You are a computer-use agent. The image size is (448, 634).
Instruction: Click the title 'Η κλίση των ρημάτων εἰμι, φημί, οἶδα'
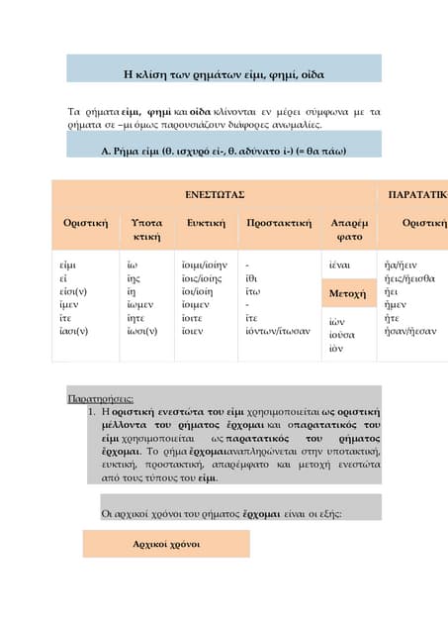pyautogui.click(x=224, y=74)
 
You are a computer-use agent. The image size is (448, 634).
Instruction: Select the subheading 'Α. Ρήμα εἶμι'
pyautogui.click(x=224, y=151)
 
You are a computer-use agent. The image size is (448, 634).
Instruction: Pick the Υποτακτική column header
pyautogui.click(x=146, y=230)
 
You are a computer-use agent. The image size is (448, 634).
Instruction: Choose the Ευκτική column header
pyautogui.click(x=206, y=223)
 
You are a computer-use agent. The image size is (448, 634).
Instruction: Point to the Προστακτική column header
pyautogui.click(x=279, y=223)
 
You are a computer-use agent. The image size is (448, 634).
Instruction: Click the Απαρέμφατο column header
pyautogui.click(x=348, y=230)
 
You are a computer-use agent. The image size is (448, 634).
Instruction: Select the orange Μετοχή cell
pyautogui.click(x=348, y=294)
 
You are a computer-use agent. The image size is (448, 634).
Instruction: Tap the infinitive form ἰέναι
pyautogui.click(x=338, y=265)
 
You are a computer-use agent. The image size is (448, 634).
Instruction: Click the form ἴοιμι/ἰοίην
pyautogui.click(x=204, y=265)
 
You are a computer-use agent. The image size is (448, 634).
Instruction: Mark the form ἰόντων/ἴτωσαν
pyautogui.click(x=278, y=330)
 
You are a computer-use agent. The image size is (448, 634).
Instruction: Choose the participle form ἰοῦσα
pyautogui.click(x=342, y=336)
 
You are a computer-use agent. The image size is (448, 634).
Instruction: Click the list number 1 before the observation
pyautogui.click(x=91, y=410)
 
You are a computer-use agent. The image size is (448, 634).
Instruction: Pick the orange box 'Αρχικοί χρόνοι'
pyautogui.click(x=166, y=544)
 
